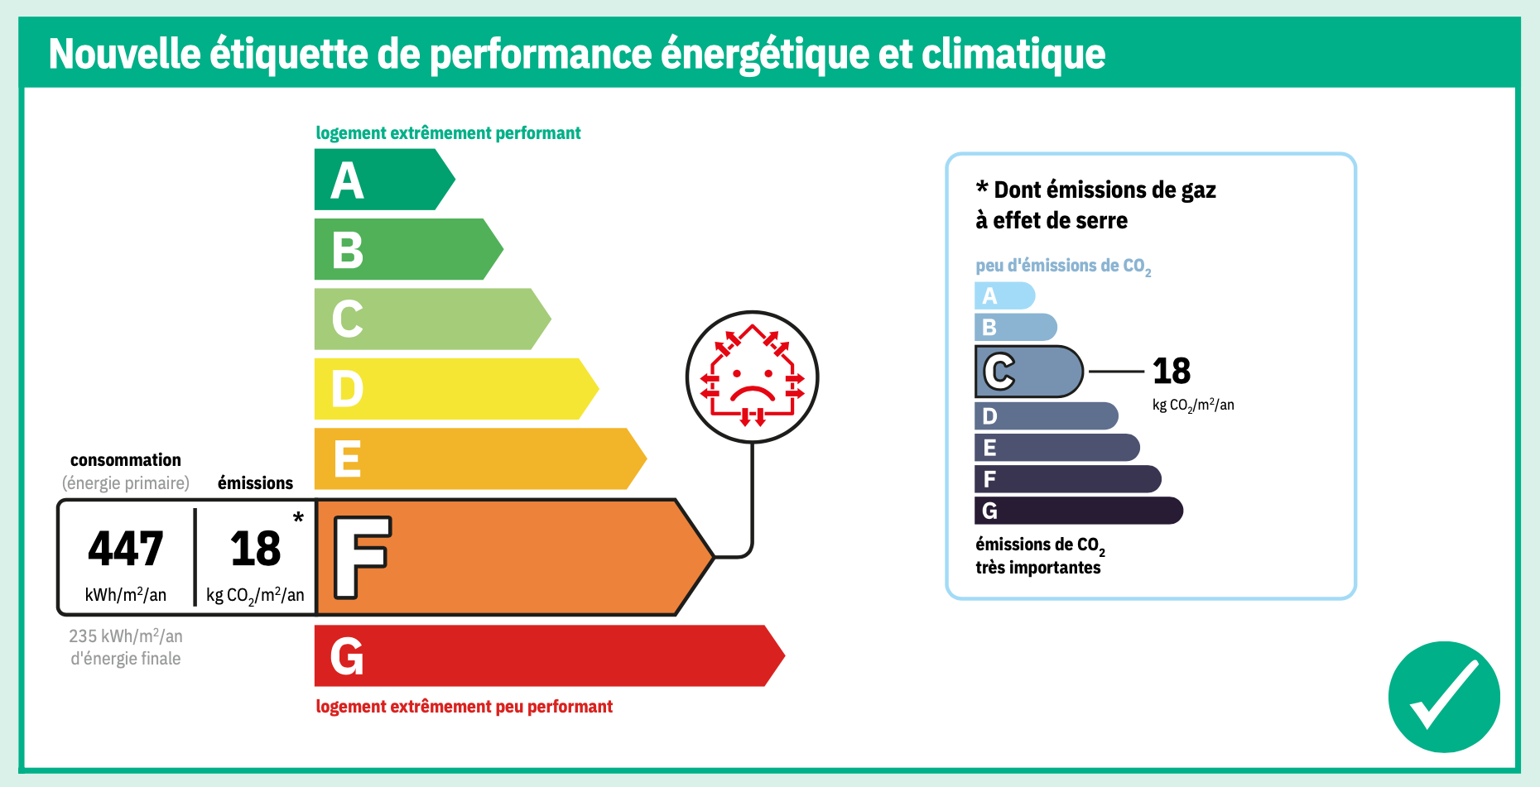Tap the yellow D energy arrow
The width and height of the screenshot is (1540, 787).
point(455,389)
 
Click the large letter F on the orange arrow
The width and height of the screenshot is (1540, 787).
point(362,557)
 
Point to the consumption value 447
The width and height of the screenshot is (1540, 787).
point(126,549)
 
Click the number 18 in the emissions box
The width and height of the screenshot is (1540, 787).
point(256,549)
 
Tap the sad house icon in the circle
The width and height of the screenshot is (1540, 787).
point(752,377)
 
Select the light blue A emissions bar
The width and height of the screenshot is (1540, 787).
point(1004,295)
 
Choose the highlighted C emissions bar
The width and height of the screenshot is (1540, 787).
point(1028,372)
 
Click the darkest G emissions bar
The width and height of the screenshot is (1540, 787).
point(1079,511)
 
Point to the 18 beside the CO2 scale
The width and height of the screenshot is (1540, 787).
point(1172,371)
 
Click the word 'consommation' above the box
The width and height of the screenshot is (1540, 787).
point(126,460)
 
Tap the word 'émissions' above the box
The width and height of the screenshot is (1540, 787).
point(255,482)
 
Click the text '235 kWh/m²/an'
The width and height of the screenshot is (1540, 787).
point(126,636)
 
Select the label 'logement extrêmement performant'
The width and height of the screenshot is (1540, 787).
point(448,133)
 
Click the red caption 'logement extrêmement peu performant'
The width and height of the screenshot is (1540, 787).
point(464,707)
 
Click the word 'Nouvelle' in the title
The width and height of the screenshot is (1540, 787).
point(125,54)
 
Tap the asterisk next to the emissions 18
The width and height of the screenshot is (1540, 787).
point(298,517)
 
